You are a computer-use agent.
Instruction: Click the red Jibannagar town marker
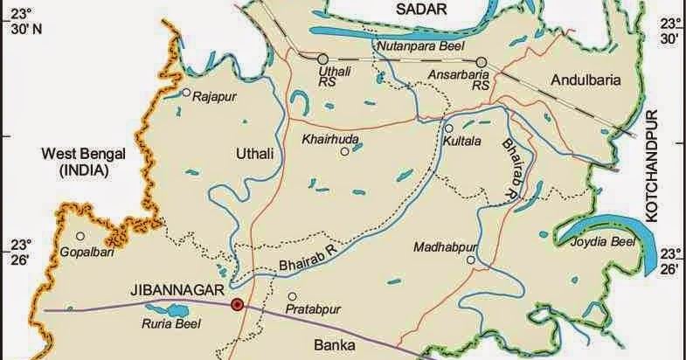(x=236, y=305)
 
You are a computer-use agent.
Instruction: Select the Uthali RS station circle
(x=322, y=59)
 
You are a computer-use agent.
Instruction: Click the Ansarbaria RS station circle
(x=480, y=62)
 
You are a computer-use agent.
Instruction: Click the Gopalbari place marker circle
(x=80, y=236)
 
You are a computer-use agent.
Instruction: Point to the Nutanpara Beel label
(x=417, y=45)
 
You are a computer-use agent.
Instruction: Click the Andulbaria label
(x=586, y=80)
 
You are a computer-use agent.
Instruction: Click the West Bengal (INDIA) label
(x=83, y=163)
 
